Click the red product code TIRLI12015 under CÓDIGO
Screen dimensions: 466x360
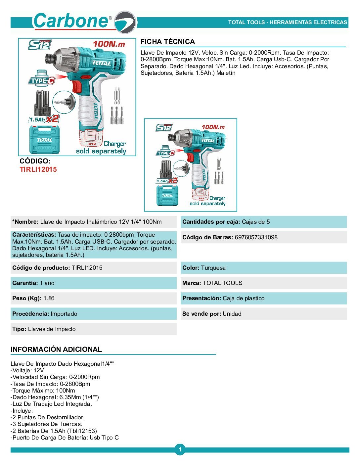(x=38, y=169)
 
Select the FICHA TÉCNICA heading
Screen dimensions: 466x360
(x=167, y=42)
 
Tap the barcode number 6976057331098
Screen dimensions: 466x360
(x=256, y=237)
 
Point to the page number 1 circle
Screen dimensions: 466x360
(x=180, y=449)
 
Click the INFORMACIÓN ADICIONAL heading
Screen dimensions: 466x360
(x=56, y=349)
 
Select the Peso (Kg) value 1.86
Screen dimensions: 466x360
(x=49, y=298)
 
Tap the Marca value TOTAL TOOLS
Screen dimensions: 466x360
(x=222, y=283)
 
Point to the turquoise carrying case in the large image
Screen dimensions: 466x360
(x=45, y=140)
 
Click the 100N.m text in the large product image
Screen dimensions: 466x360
(x=109, y=44)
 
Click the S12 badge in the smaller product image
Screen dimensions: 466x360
(x=164, y=127)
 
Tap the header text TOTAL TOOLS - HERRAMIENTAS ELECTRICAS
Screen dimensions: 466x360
(x=288, y=23)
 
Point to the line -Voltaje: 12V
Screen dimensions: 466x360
(x=27, y=370)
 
